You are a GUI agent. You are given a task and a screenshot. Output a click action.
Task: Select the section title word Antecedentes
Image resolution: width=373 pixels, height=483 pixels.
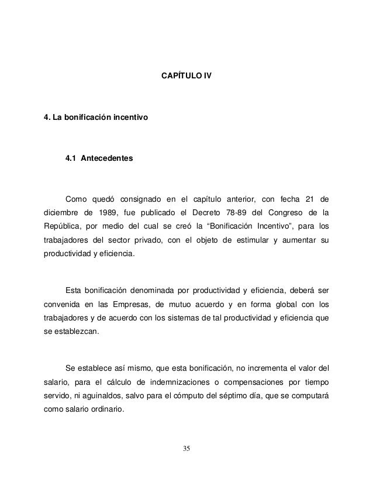click(x=106, y=158)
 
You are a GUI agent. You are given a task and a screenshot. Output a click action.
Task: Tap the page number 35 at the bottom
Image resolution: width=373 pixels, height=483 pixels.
click(x=186, y=448)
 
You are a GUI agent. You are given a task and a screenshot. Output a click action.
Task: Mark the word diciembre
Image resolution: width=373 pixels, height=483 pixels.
click(x=63, y=212)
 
